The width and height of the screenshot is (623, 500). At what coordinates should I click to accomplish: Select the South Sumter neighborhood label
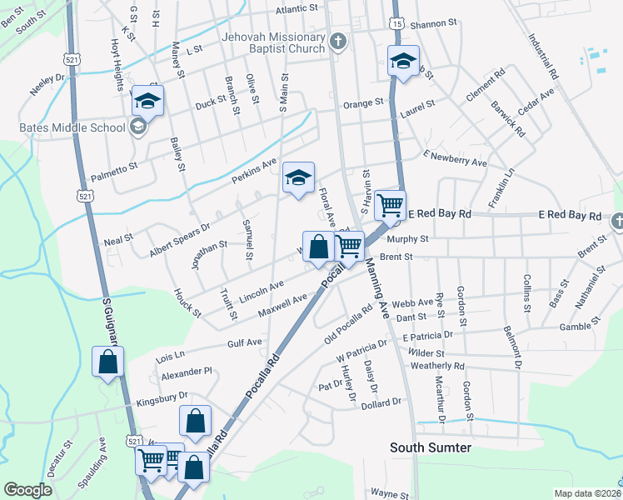pyautogui.click(x=431, y=448)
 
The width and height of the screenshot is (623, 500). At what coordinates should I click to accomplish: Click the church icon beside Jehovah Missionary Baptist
pyautogui.click(x=338, y=41)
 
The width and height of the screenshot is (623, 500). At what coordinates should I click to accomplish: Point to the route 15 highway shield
pyautogui.click(x=397, y=25)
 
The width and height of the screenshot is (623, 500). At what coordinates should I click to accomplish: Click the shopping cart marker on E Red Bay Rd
pyautogui.click(x=390, y=203)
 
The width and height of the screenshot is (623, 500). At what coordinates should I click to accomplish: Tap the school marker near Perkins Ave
pyautogui.click(x=298, y=177)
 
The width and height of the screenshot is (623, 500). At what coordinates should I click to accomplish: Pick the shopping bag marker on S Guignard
pyautogui.click(x=108, y=361)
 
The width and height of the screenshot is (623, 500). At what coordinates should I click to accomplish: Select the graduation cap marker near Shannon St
pyautogui.click(x=403, y=61)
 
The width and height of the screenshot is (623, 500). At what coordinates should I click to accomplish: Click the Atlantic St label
pyautogui.click(x=297, y=11)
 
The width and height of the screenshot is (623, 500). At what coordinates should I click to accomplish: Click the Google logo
pyautogui.click(x=27, y=490)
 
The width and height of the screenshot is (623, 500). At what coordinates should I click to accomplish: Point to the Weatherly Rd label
pyautogui.click(x=437, y=366)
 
